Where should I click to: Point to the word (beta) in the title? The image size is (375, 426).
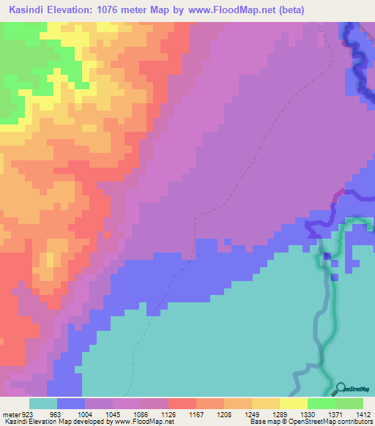[287, 10]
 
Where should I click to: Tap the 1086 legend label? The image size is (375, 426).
[140, 414]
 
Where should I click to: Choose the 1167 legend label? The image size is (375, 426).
[197, 414]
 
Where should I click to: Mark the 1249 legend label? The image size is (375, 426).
[253, 414]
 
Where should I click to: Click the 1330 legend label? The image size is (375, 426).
[308, 414]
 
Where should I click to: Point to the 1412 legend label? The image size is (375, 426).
[363, 414]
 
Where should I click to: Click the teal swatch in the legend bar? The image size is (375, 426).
[43, 403]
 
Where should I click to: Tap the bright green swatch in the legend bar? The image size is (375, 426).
[322, 403]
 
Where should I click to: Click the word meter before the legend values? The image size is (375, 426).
[10, 414]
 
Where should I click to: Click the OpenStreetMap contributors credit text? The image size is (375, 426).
[334, 422]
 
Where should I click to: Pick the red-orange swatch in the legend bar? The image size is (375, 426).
[182, 403]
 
